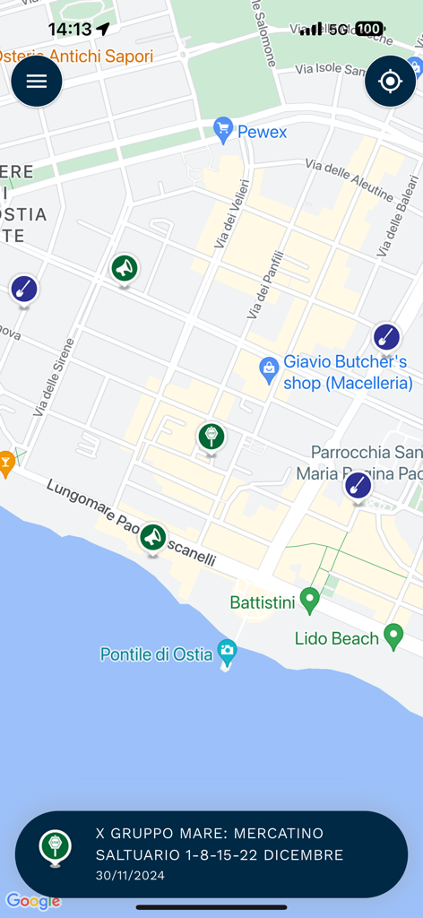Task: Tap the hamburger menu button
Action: (37, 82)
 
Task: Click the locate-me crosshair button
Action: (390, 82)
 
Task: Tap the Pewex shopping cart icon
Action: (223, 131)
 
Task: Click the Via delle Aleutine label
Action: (349, 179)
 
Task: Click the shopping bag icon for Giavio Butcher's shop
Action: (268, 368)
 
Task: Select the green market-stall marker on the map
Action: (211, 437)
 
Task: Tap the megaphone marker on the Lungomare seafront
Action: (152, 537)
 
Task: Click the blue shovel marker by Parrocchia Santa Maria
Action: (358, 486)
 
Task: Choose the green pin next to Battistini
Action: (310, 600)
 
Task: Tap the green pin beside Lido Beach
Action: (393, 637)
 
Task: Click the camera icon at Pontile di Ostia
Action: (228, 651)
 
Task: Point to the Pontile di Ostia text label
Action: (156, 654)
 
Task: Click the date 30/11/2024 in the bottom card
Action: (130, 876)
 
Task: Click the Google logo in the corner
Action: (33, 901)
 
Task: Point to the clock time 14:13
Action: (70, 30)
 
